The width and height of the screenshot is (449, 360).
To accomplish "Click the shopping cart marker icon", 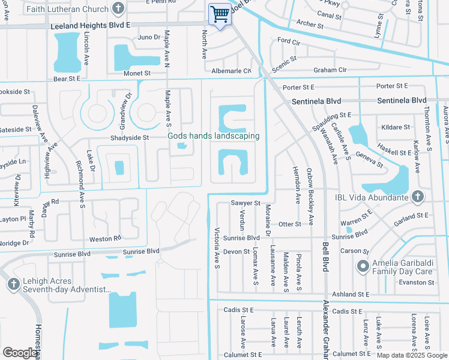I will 220,14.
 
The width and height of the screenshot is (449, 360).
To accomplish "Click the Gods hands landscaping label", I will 213,136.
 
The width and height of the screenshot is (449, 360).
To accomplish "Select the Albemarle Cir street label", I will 231,71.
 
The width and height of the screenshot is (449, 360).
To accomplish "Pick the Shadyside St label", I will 129,137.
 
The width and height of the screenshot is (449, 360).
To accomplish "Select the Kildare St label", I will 395,127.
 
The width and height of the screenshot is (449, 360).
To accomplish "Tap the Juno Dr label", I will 149,37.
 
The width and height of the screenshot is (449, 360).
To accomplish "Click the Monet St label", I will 137,73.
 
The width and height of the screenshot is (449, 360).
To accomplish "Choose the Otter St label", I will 289,224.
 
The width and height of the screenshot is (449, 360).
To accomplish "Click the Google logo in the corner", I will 20,353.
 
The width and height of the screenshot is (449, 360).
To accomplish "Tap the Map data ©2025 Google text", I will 411,355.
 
